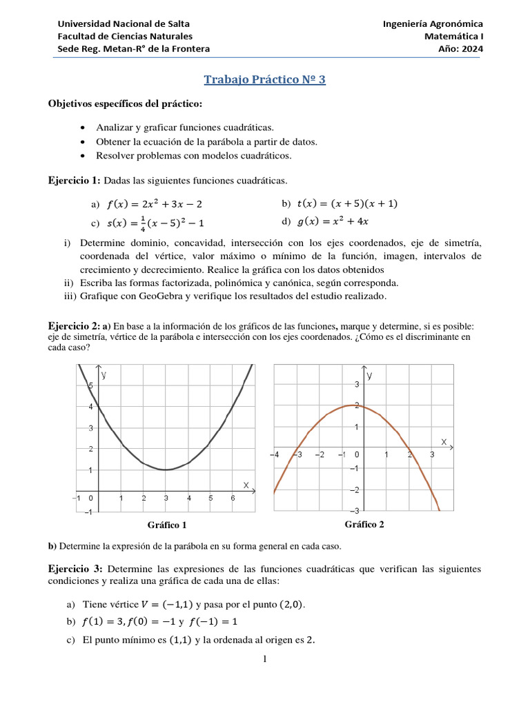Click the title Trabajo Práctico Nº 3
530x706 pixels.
tap(264, 80)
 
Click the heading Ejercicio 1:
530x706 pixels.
tap(75, 181)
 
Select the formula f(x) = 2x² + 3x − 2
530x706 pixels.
tap(155, 205)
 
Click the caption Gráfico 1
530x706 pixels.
tap(167, 525)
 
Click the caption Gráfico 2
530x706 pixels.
tap(364, 524)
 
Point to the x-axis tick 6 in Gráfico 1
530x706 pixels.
tap(233, 498)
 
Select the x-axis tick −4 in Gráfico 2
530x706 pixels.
tap(274, 455)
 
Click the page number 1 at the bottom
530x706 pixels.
tap(264, 659)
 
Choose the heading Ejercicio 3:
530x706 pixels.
tap(75, 569)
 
